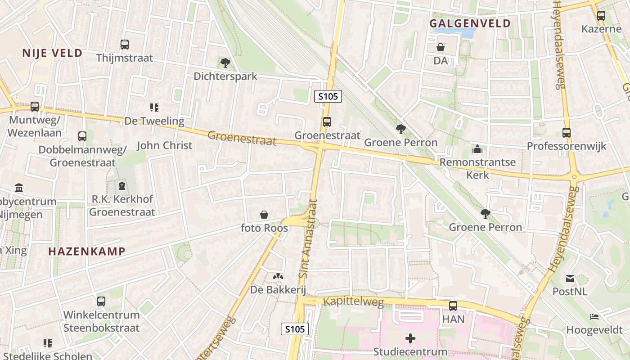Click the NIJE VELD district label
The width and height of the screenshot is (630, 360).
coord(53,53)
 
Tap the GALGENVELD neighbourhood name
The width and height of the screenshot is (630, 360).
coord(470,23)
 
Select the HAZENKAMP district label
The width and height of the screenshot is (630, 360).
coord(86,251)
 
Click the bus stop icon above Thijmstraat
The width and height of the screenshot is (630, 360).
coord(125,45)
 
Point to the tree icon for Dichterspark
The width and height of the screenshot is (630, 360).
coord(225,63)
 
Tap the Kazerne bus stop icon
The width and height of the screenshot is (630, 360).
coord(601,16)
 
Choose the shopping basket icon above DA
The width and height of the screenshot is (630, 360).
coord(441,47)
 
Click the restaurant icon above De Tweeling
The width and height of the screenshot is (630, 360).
coord(154,108)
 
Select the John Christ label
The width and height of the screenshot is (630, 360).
coord(164,145)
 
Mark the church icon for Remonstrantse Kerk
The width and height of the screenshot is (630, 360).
coord(477,149)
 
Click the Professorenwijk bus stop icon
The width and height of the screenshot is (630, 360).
coord(567,133)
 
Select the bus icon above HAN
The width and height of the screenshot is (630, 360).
coord(453,306)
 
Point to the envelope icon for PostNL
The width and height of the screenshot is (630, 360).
coord(570,279)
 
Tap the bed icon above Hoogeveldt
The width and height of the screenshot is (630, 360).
coord(594,317)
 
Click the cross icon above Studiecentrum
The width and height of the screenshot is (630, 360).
coord(410,338)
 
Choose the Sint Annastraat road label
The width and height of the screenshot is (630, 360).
coord(308,238)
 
